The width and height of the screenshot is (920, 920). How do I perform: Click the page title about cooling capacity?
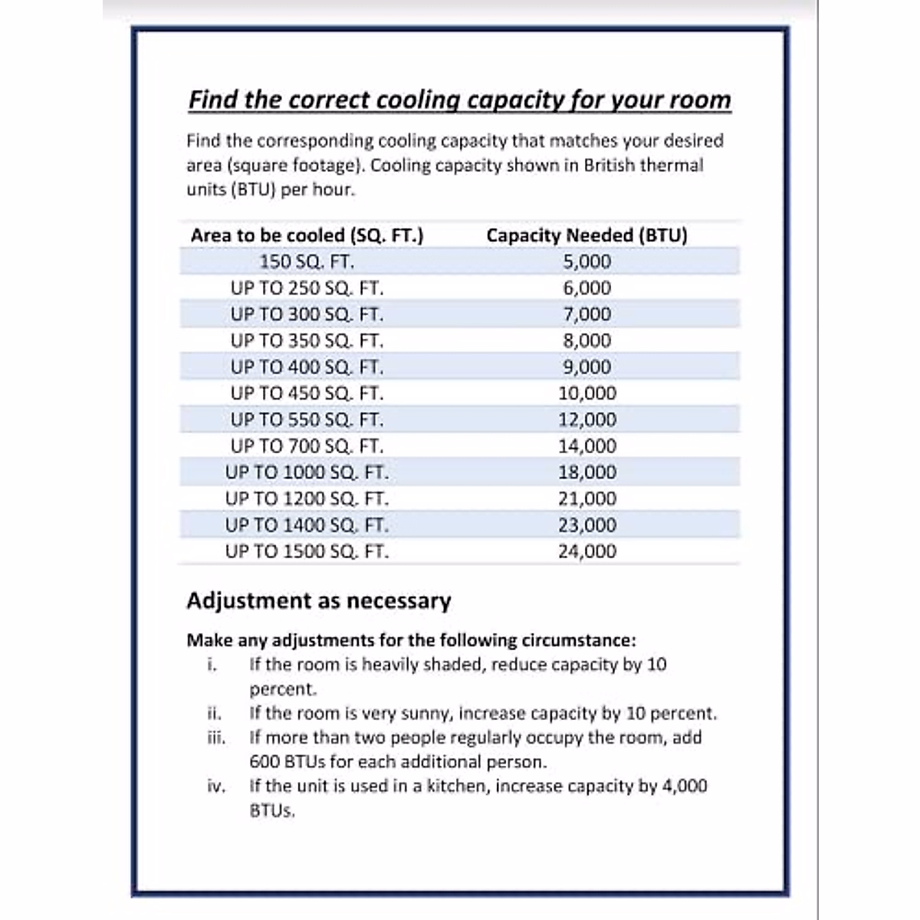[459, 100]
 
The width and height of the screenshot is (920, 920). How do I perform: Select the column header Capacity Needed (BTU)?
[586, 235]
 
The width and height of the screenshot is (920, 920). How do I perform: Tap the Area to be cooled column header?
[307, 235]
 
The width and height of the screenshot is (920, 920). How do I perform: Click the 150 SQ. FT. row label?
[307, 262]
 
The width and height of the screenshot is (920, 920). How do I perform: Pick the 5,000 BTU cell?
[586, 262]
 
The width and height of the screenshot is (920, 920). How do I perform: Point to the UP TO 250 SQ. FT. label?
[307, 288]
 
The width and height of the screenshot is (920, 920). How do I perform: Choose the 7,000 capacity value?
[586, 314]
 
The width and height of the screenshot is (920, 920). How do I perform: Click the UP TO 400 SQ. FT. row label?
[307, 367]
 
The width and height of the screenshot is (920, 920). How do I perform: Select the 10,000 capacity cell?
[586, 393]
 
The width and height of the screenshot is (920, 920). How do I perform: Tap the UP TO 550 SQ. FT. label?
[307, 420]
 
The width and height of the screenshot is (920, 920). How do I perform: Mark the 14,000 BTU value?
[586, 446]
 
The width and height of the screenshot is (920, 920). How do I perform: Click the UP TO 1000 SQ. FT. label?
[307, 472]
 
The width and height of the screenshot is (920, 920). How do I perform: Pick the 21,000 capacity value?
[586, 498]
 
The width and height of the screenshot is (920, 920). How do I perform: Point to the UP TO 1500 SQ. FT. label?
[307, 551]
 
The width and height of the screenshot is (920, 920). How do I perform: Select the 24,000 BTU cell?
[586, 551]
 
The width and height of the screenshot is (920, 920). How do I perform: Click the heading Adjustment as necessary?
[318, 600]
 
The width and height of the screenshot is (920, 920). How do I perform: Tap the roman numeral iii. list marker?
[216, 738]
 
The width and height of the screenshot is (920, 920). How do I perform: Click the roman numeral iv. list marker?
[216, 786]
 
